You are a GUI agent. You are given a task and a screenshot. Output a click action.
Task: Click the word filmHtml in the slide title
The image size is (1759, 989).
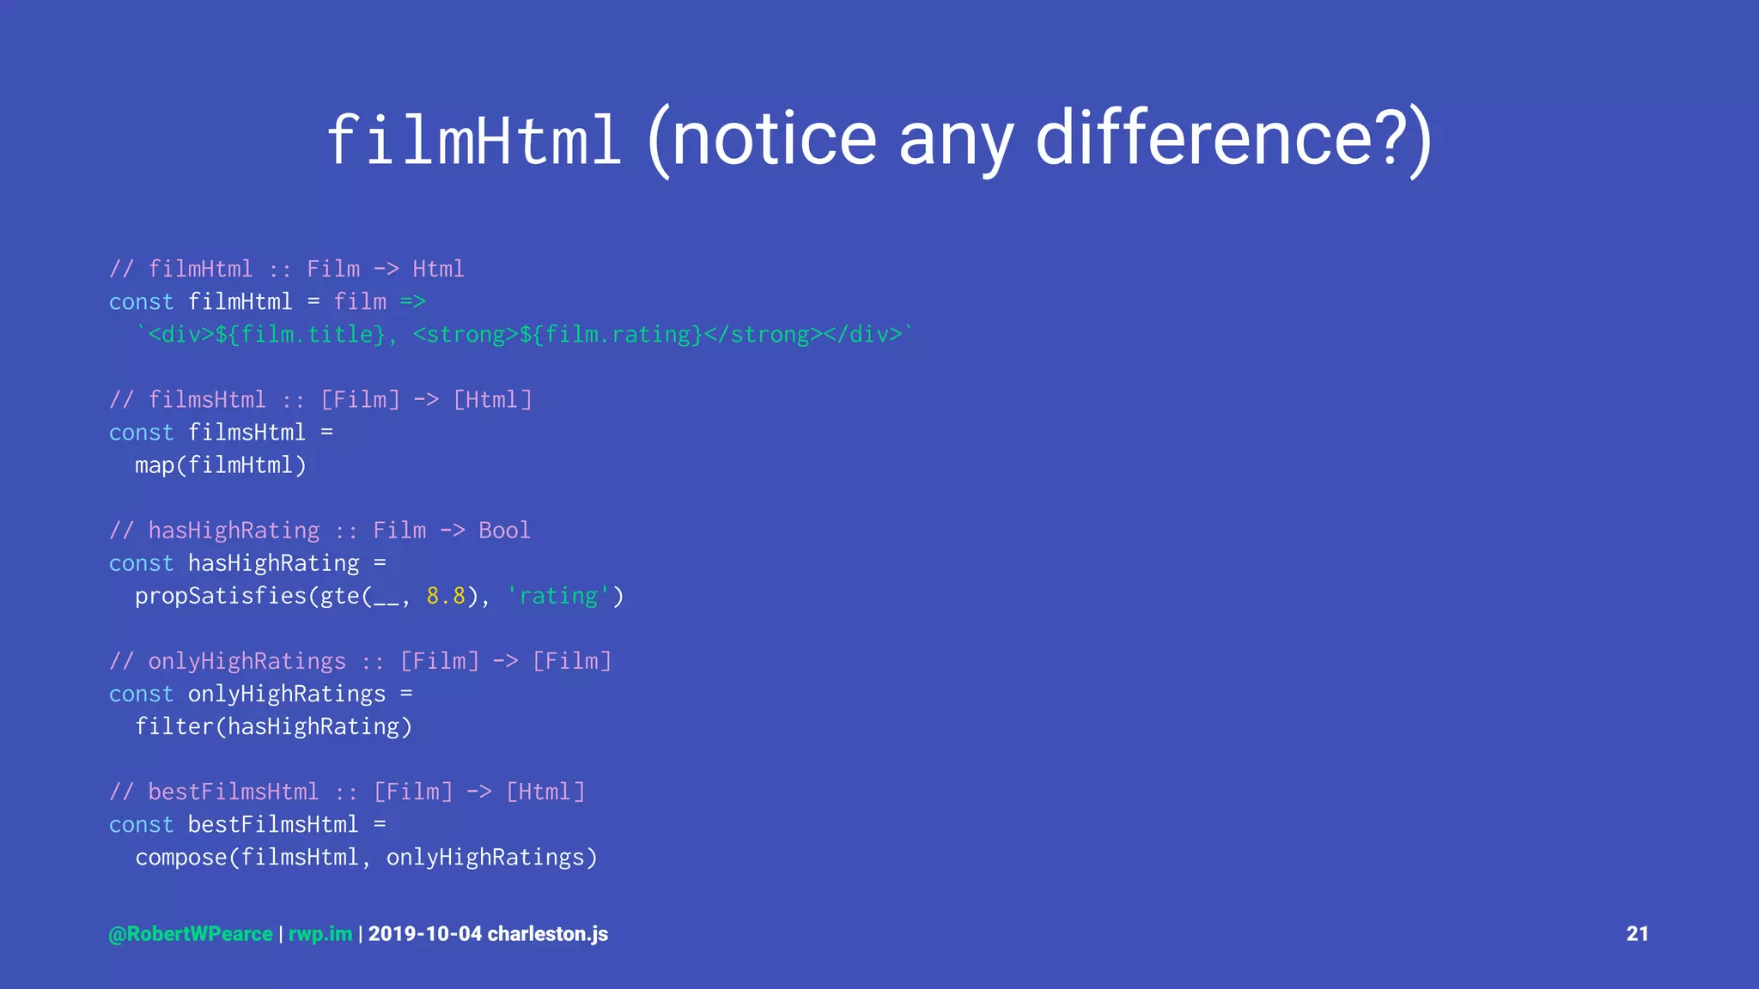[x=473, y=140]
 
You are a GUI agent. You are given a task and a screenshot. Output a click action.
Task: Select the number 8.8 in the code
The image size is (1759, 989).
[x=446, y=596]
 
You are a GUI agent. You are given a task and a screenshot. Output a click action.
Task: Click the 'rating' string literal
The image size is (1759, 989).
[x=558, y=596]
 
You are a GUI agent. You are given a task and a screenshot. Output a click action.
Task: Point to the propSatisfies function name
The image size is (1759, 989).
[x=221, y=596]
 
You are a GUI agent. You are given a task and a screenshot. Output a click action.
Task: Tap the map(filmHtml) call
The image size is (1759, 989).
[x=220, y=465]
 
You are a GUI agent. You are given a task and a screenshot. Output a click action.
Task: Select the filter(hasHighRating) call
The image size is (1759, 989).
[x=273, y=726]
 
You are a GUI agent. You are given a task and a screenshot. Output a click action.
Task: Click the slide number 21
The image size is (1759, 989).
[x=1637, y=934]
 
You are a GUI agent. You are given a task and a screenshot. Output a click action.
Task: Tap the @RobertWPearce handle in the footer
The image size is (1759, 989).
[x=191, y=934]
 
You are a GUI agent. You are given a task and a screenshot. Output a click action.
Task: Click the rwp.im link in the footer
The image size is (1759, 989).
[x=320, y=934]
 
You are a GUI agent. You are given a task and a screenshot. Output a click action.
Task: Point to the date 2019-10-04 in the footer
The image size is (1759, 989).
[x=425, y=934]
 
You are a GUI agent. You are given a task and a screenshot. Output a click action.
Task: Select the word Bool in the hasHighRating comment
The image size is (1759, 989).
[x=504, y=531]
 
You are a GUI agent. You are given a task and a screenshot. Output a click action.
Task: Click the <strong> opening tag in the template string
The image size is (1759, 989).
[x=466, y=335]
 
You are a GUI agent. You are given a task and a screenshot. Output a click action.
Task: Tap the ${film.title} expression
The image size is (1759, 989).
[x=301, y=335]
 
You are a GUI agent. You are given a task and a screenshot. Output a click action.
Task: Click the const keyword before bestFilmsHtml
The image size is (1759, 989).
[x=141, y=824]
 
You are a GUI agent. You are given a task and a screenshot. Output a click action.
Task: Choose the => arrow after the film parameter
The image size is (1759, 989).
[x=412, y=302]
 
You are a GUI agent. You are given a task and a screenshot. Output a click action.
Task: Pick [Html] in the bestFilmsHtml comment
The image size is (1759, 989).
[x=545, y=792]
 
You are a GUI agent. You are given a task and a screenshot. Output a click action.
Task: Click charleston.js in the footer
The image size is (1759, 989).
[x=548, y=934]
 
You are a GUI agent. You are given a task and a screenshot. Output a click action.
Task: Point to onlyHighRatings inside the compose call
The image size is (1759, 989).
[x=485, y=857]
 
